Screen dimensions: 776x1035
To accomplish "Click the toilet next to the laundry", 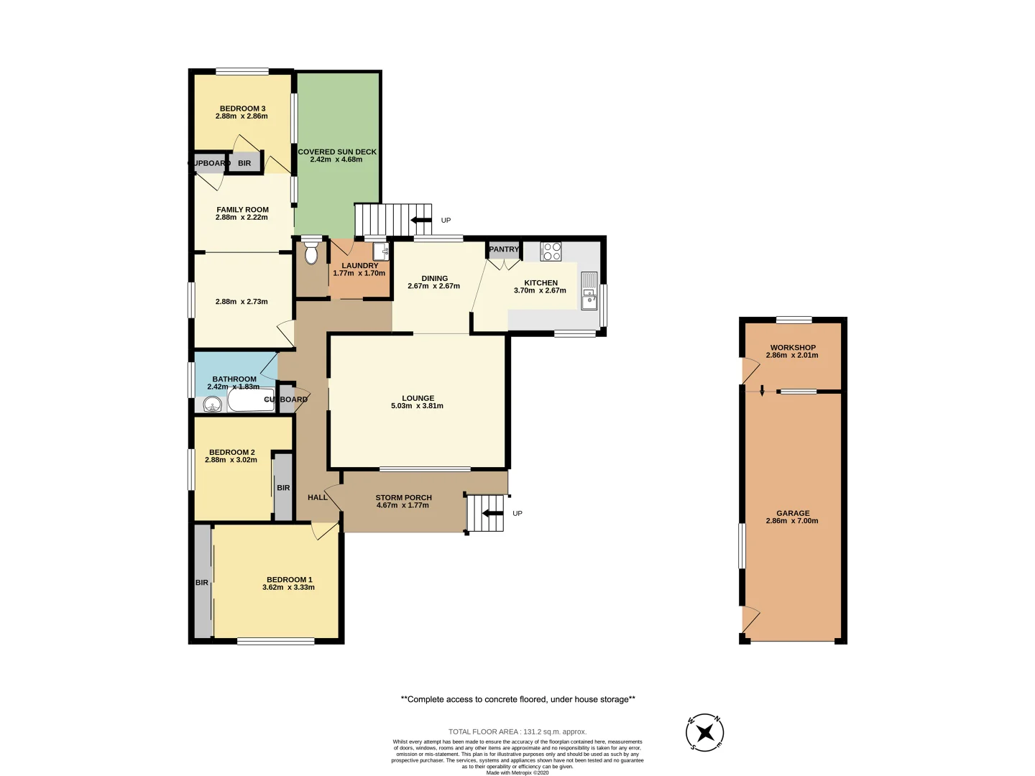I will pyautogui.click(x=311, y=254).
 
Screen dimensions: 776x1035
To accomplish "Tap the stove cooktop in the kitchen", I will pyautogui.click(x=551, y=251).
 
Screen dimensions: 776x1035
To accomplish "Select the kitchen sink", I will pyautogui.click(x=589, y=290).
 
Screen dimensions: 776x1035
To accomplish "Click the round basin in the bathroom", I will pyautogui.click(x=211, y=405).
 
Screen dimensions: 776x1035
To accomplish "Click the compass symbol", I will pyautogui.click(x=704, y=733).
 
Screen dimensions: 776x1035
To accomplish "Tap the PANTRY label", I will pyautogui.click(x=504, y=249).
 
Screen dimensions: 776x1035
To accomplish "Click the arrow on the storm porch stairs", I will pyautogui.click(x=492, y=513).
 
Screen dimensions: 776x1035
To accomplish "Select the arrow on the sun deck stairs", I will pyautogui.click(x=420, y=220).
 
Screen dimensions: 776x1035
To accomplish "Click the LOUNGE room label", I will pyautogui.click(x=418, y=398).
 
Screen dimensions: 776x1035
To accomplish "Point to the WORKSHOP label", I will pyautogui.click(x=793, y=348).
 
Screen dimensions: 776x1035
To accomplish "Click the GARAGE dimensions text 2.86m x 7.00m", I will pyautogui.click(x=792, y=521).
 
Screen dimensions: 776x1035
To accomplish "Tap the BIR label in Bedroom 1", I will pyautogui.click(x=202, y=583).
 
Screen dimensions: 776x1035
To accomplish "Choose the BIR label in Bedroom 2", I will pyautogui.click(x=283, y=488).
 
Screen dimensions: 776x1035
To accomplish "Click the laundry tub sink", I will pyautogui.click(x=380, y=251).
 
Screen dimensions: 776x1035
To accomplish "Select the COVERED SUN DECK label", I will pyautogui.click(x=337, y=152).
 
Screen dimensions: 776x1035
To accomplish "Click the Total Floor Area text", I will pyautogui.click(x=517, y=731).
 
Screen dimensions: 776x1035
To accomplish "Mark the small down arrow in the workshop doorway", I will pyautogui.click(x=762, y=390).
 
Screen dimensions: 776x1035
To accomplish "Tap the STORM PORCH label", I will pyautogui.click(x=403, y=497).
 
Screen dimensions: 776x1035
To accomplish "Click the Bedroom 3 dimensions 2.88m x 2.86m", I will pyautogui.click(x=241, y=116).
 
